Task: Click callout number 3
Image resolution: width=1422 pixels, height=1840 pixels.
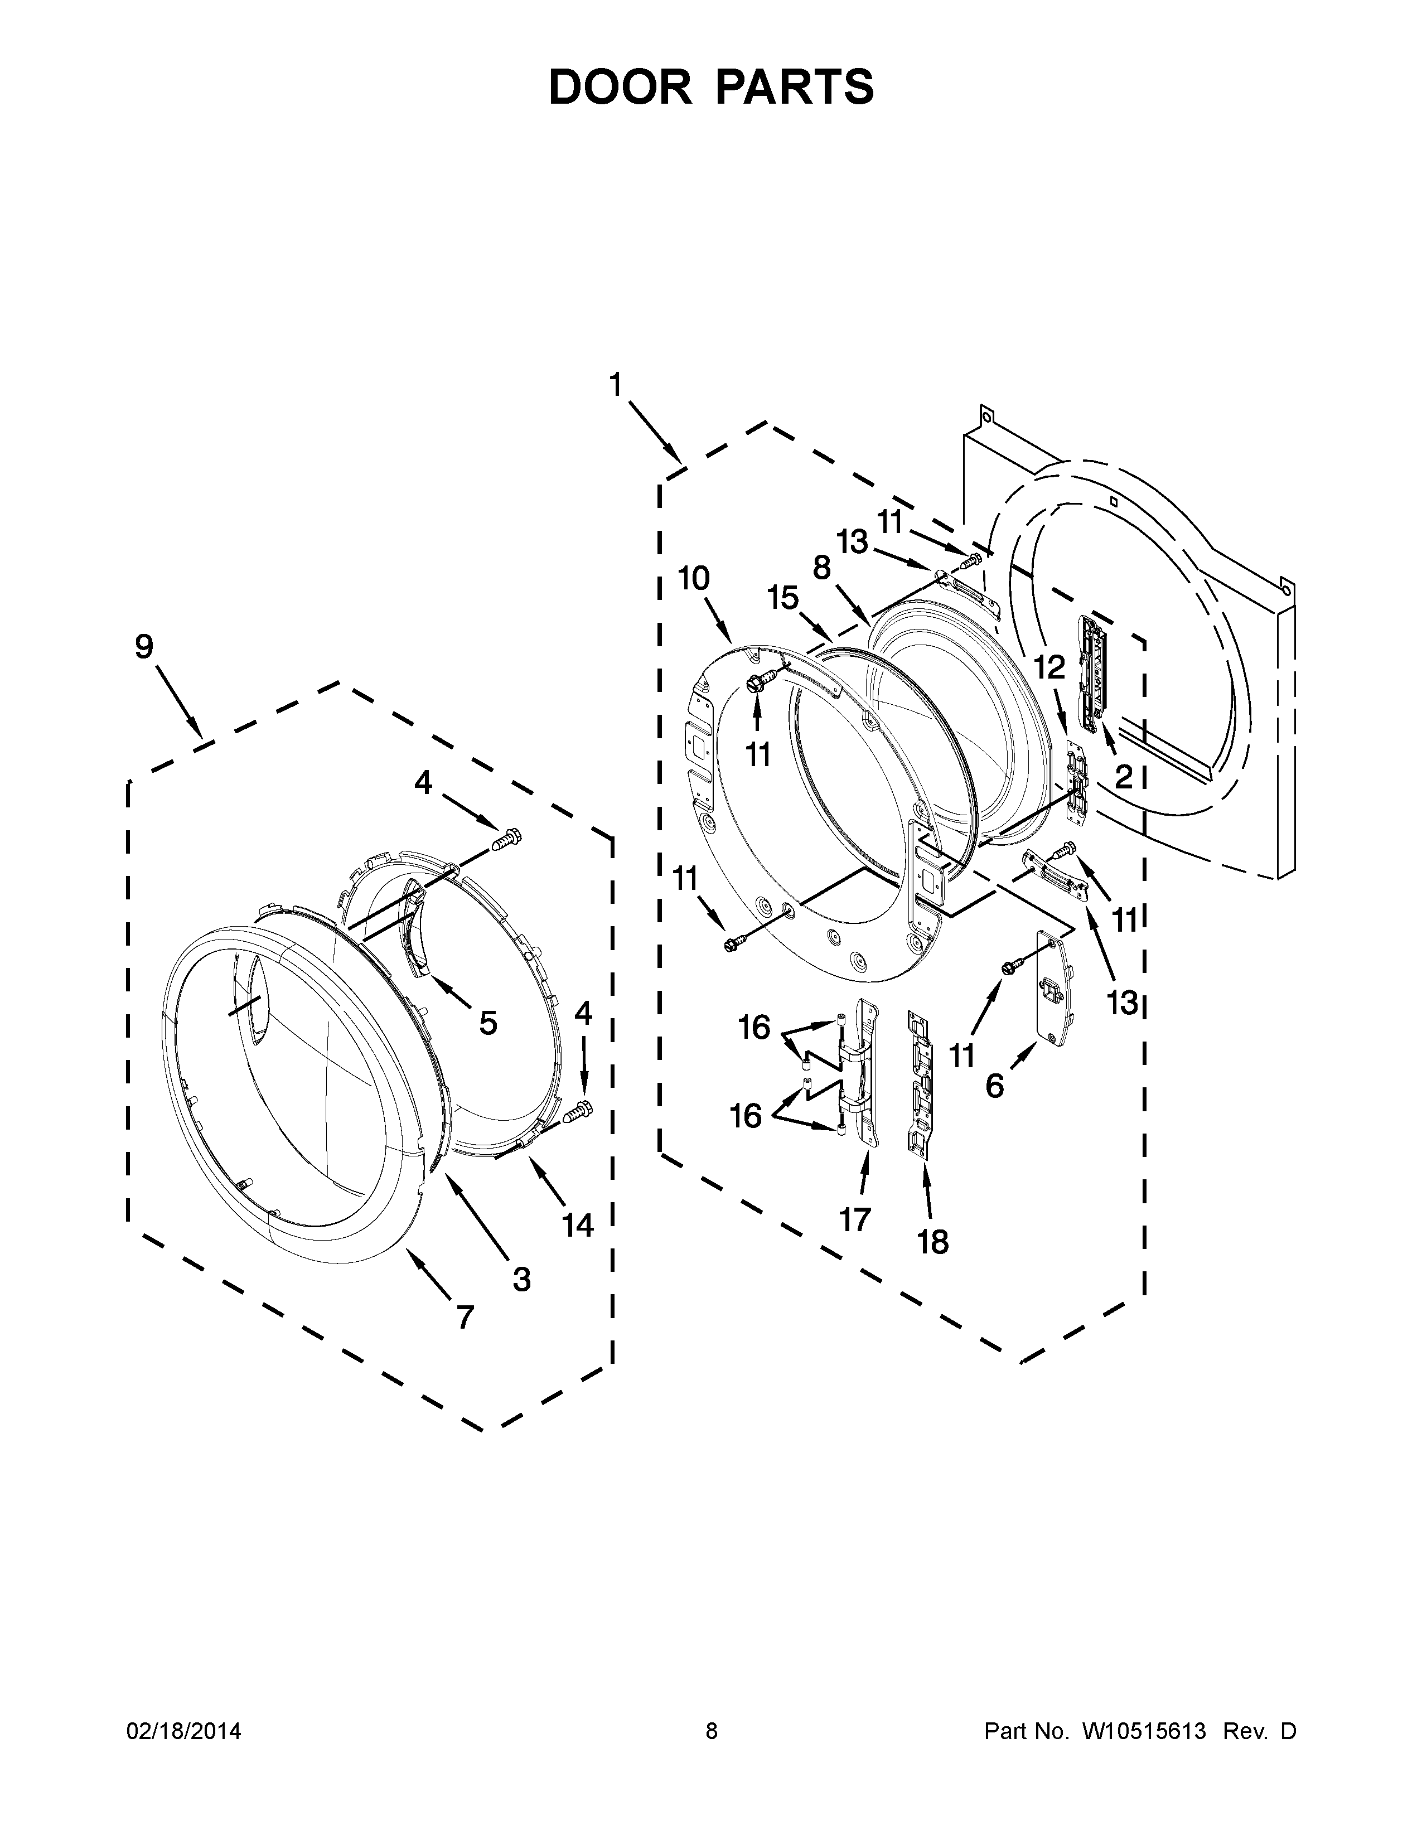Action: pyautogui.click(x=521, y=1279)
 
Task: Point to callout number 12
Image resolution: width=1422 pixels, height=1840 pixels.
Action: pyautogui.click(x=1049, y=667)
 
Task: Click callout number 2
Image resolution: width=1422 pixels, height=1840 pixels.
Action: pyautogui.click(x=1123, y=777)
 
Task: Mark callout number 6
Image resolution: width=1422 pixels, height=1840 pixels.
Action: pyautogui.click(x=994, y=1086)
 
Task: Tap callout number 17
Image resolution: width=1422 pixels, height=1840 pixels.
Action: pyautogui.click(x=854, y=1218)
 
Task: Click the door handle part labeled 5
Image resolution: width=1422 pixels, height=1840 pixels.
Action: pyautogui.click(x=415, y=927)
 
